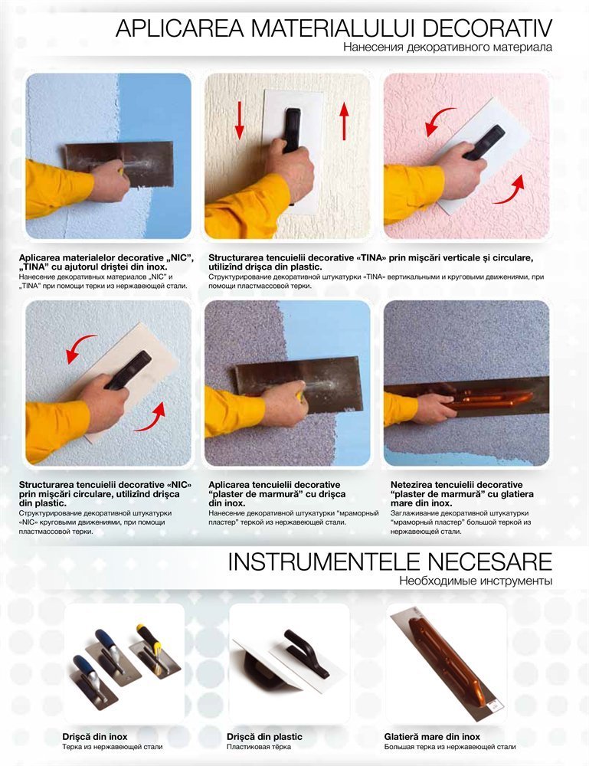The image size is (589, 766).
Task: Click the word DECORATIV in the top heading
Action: (x=486, y=29)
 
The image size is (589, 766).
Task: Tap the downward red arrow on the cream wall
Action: (x=239, y=121)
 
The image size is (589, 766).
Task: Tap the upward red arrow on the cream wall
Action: (x=345, y=121)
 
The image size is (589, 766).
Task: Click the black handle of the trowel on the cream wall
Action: (x=292, y=130)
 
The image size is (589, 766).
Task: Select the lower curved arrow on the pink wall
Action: (x=510, y=191)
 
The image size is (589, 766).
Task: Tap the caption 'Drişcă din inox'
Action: (x=95, y=737)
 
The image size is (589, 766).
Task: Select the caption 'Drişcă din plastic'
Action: (x=264, y=737)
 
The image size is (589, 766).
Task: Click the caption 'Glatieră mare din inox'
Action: (x=432, y=737)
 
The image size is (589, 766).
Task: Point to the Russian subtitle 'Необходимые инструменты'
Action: (x=476, y=581)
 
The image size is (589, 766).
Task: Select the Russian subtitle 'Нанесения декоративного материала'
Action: (x=448, y=47)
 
